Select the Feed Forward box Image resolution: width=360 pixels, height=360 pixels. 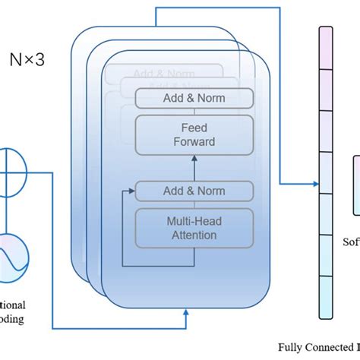(194, 134)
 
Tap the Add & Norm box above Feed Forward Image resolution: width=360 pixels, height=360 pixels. (194, 98)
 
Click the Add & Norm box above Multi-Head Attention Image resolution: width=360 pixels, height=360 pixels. (194, 191)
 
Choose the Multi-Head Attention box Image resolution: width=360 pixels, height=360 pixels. (194, 227)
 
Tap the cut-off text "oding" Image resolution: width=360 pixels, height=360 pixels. (11, 318)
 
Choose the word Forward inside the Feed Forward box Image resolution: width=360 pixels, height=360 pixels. (194, 141)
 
